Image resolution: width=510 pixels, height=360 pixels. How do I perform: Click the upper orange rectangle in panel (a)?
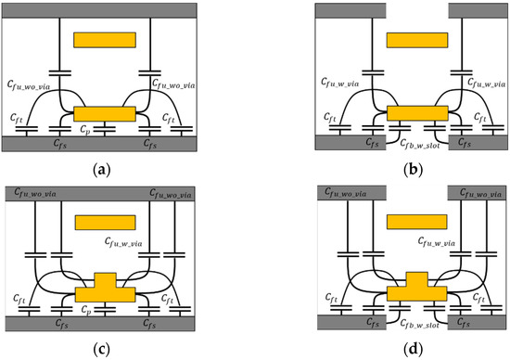[105, 40]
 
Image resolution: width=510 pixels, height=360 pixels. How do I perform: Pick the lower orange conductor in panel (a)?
[105, 113]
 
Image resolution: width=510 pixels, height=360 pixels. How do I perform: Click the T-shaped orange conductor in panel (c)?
[105, 289]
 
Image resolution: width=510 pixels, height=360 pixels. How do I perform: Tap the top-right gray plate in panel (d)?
[478, 190]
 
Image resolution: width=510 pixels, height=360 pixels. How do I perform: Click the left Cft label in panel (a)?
[17, 118]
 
